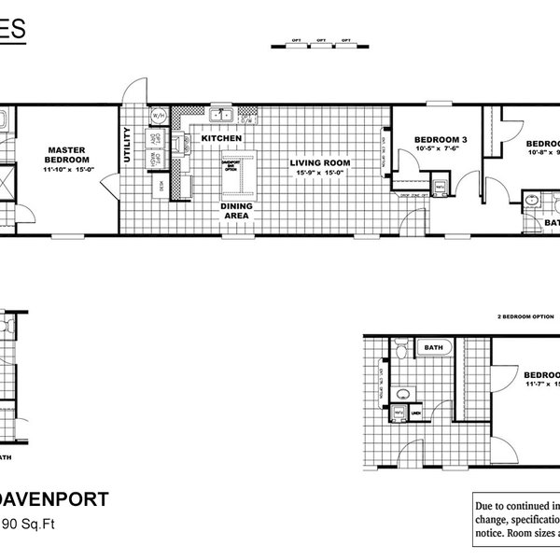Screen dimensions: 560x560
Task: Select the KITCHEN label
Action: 222,138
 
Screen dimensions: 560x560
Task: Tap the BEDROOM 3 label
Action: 434,138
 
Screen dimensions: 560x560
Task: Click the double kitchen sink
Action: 221,117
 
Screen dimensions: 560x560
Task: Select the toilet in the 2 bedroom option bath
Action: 397,351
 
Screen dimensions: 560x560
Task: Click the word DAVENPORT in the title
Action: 56,498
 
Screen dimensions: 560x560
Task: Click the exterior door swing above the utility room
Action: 133,91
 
